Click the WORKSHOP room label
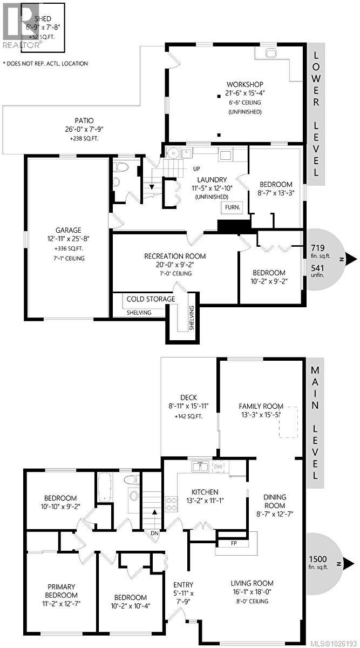(244, 84)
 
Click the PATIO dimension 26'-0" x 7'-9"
(84, 130)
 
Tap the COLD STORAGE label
(151, 299)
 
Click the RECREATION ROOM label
(174, 256)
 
